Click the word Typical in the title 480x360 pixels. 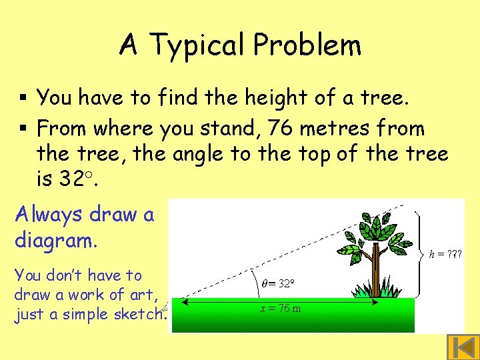[197, 45]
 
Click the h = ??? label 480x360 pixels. [446, 254]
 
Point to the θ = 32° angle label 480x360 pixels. [276, 283]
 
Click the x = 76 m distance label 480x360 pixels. [281, 309]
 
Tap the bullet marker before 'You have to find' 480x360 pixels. [23, 99]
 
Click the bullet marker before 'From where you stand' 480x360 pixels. [23, 127]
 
